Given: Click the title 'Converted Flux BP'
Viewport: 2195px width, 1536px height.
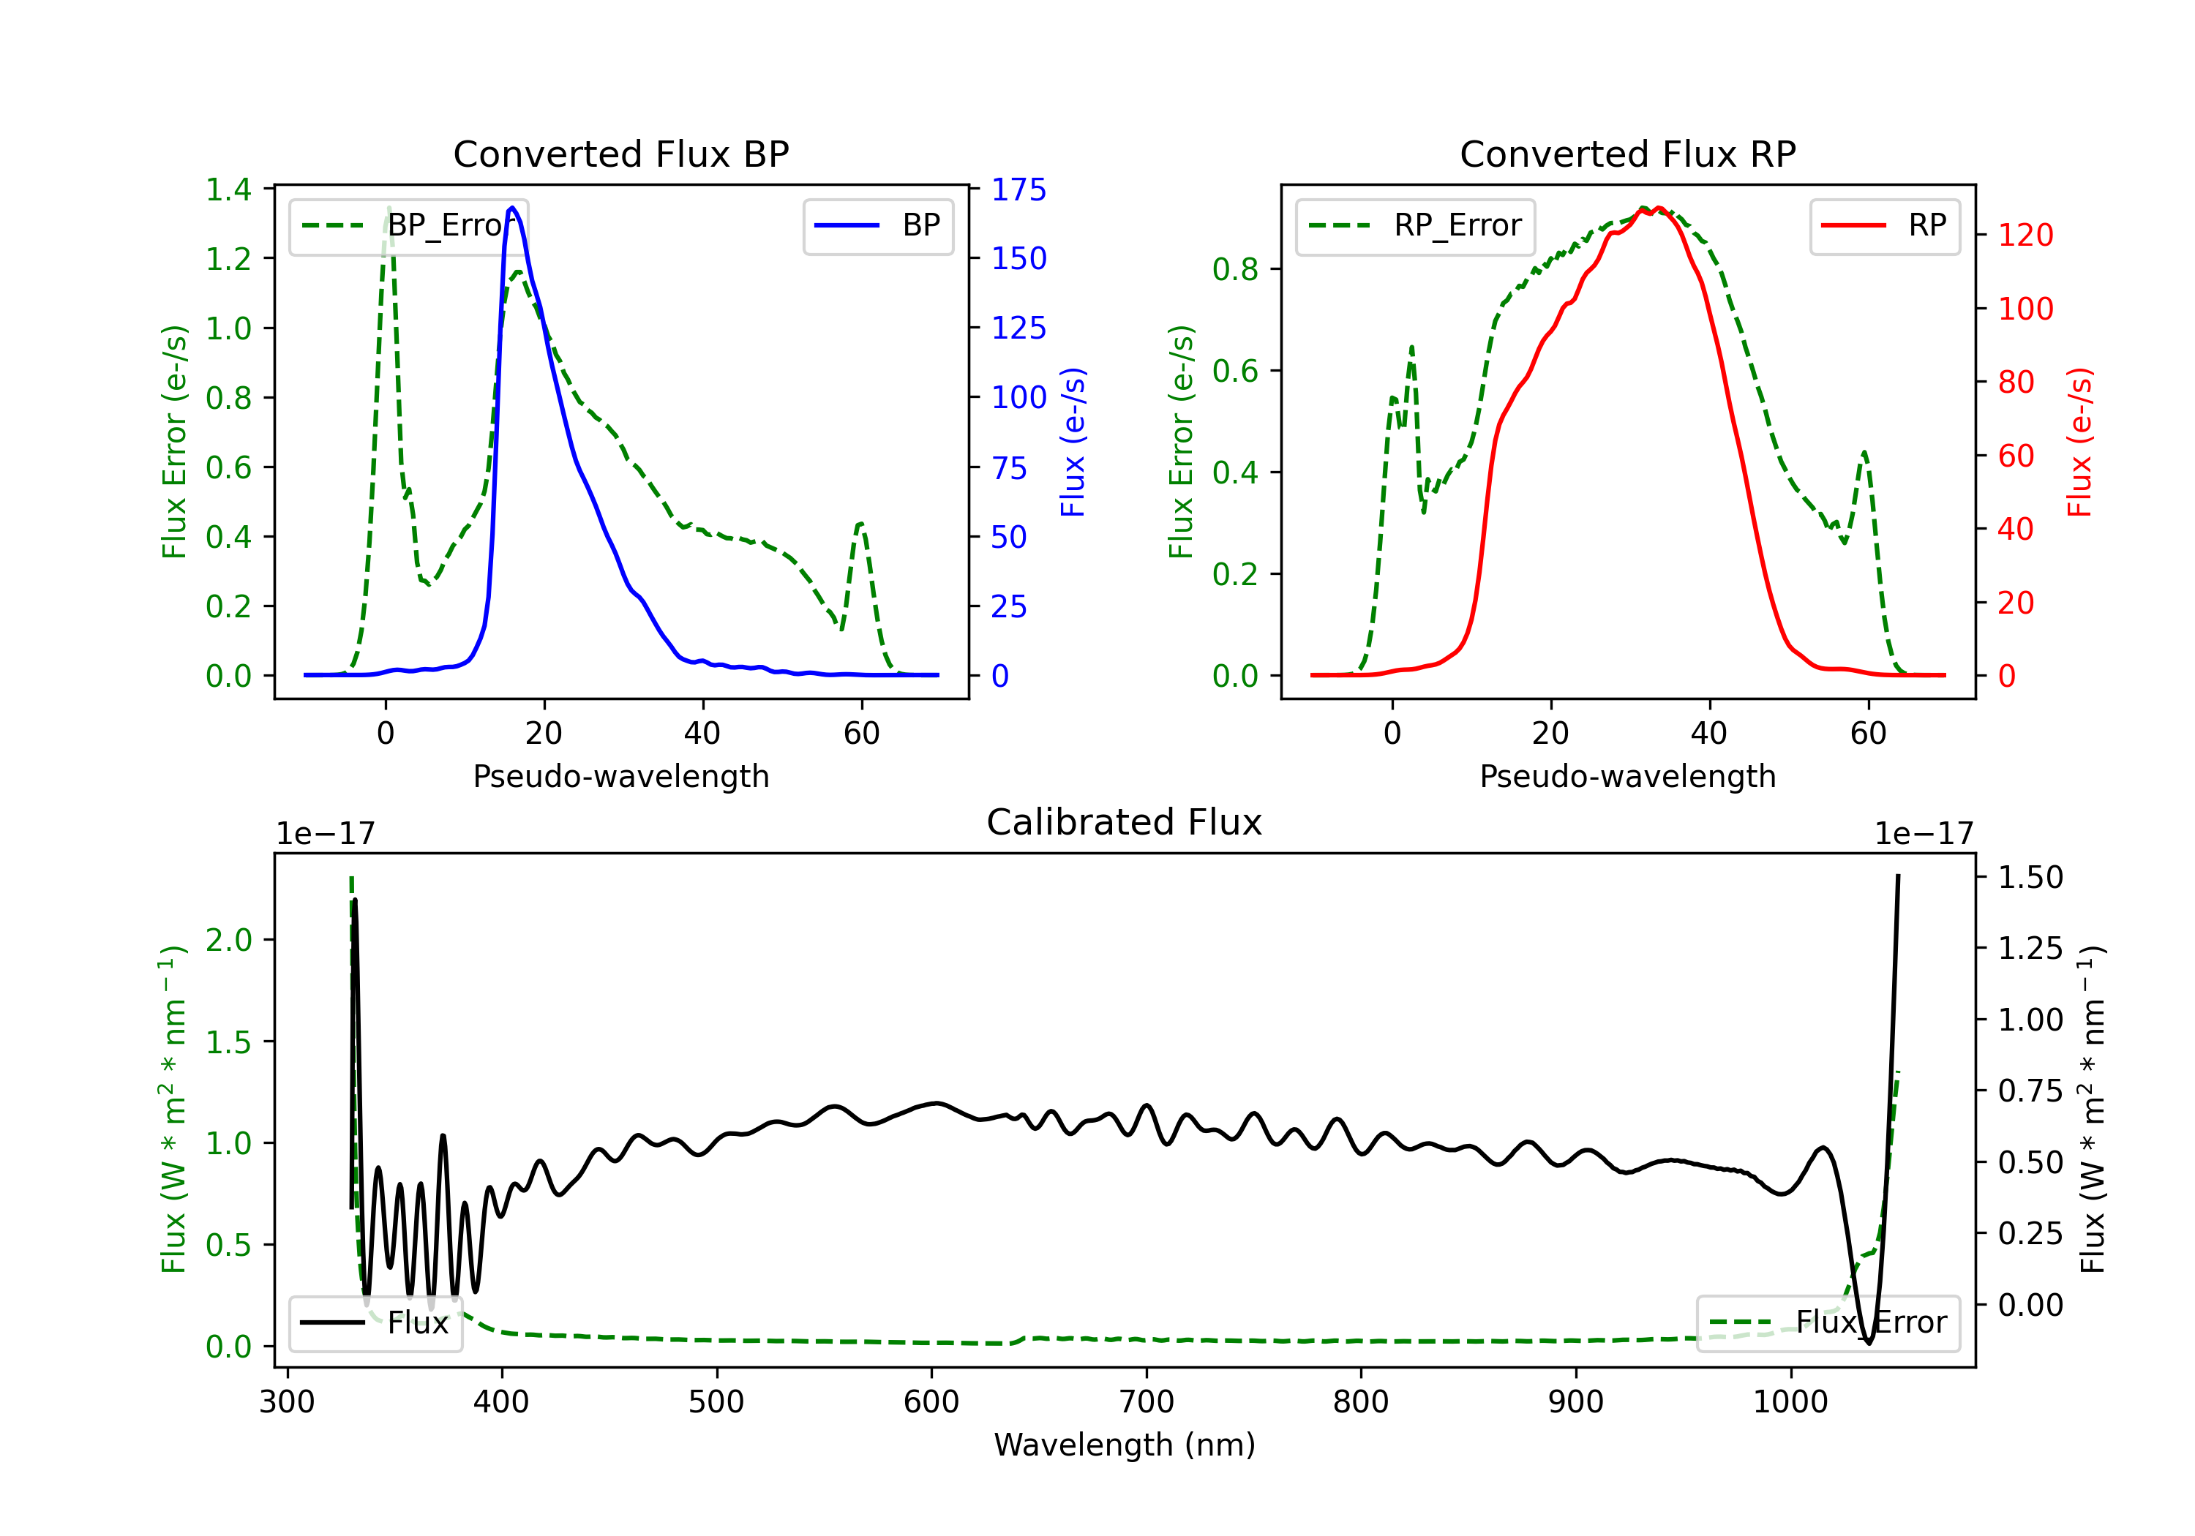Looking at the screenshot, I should click(620, 154).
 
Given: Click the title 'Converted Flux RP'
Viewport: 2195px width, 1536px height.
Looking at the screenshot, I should click(1627, 154).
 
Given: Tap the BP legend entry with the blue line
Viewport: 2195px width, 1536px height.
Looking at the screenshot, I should click(879, 225).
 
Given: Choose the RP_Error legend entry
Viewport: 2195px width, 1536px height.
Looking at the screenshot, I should click(1415, 225).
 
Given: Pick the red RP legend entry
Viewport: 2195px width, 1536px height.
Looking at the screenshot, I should click(1884, 225).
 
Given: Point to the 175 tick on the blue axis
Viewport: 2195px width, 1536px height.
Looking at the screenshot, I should click(1018, 189).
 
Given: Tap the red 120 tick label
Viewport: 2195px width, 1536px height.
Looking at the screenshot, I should click(2025, 235).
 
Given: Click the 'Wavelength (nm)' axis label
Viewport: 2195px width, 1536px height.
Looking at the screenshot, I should click(1125, 1445).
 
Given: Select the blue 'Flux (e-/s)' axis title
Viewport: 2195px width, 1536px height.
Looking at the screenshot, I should click(1073, 442).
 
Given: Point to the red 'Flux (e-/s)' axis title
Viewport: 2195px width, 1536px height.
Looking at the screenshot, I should click(2079, 442).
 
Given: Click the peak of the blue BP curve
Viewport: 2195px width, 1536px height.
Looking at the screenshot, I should click(512, 208).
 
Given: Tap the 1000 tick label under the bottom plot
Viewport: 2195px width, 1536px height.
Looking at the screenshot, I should click(1790, 1401).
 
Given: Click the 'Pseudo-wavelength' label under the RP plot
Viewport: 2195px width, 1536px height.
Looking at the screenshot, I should click(1627, 776).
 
